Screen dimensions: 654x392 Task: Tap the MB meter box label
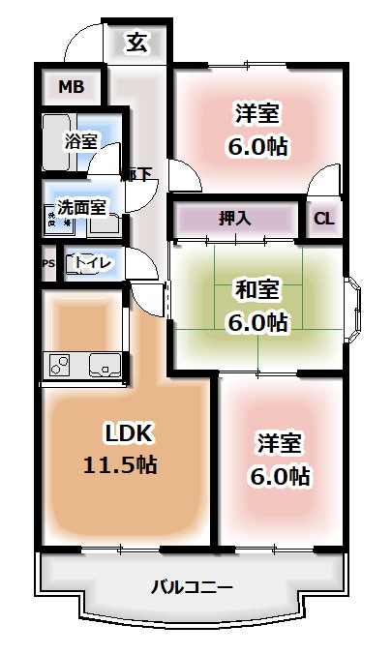[x=71, y=87]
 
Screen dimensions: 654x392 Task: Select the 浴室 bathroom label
[x=80, y=141]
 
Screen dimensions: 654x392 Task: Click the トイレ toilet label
[x=94, y=261]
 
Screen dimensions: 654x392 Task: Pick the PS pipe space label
[x=47, y=262]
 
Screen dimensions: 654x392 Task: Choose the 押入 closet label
[x=235, y=218]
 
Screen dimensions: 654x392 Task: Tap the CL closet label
[x=323, y=218]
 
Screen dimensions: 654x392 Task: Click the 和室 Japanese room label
[x=256, y=288]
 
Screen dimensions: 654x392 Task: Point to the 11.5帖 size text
[x=120, y=464]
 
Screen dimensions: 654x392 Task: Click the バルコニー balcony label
[x=191, y=586]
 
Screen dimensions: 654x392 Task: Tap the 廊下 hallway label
[x=136, y=175]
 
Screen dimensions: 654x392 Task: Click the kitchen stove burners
[x=60, y=366]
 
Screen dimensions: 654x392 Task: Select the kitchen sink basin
[x=104, y=366]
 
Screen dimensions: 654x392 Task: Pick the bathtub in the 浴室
[x=58, y=145]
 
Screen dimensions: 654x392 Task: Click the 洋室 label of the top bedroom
[x=256, y=114]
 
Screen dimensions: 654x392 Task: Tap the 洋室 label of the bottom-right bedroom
[x=280, y=444]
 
